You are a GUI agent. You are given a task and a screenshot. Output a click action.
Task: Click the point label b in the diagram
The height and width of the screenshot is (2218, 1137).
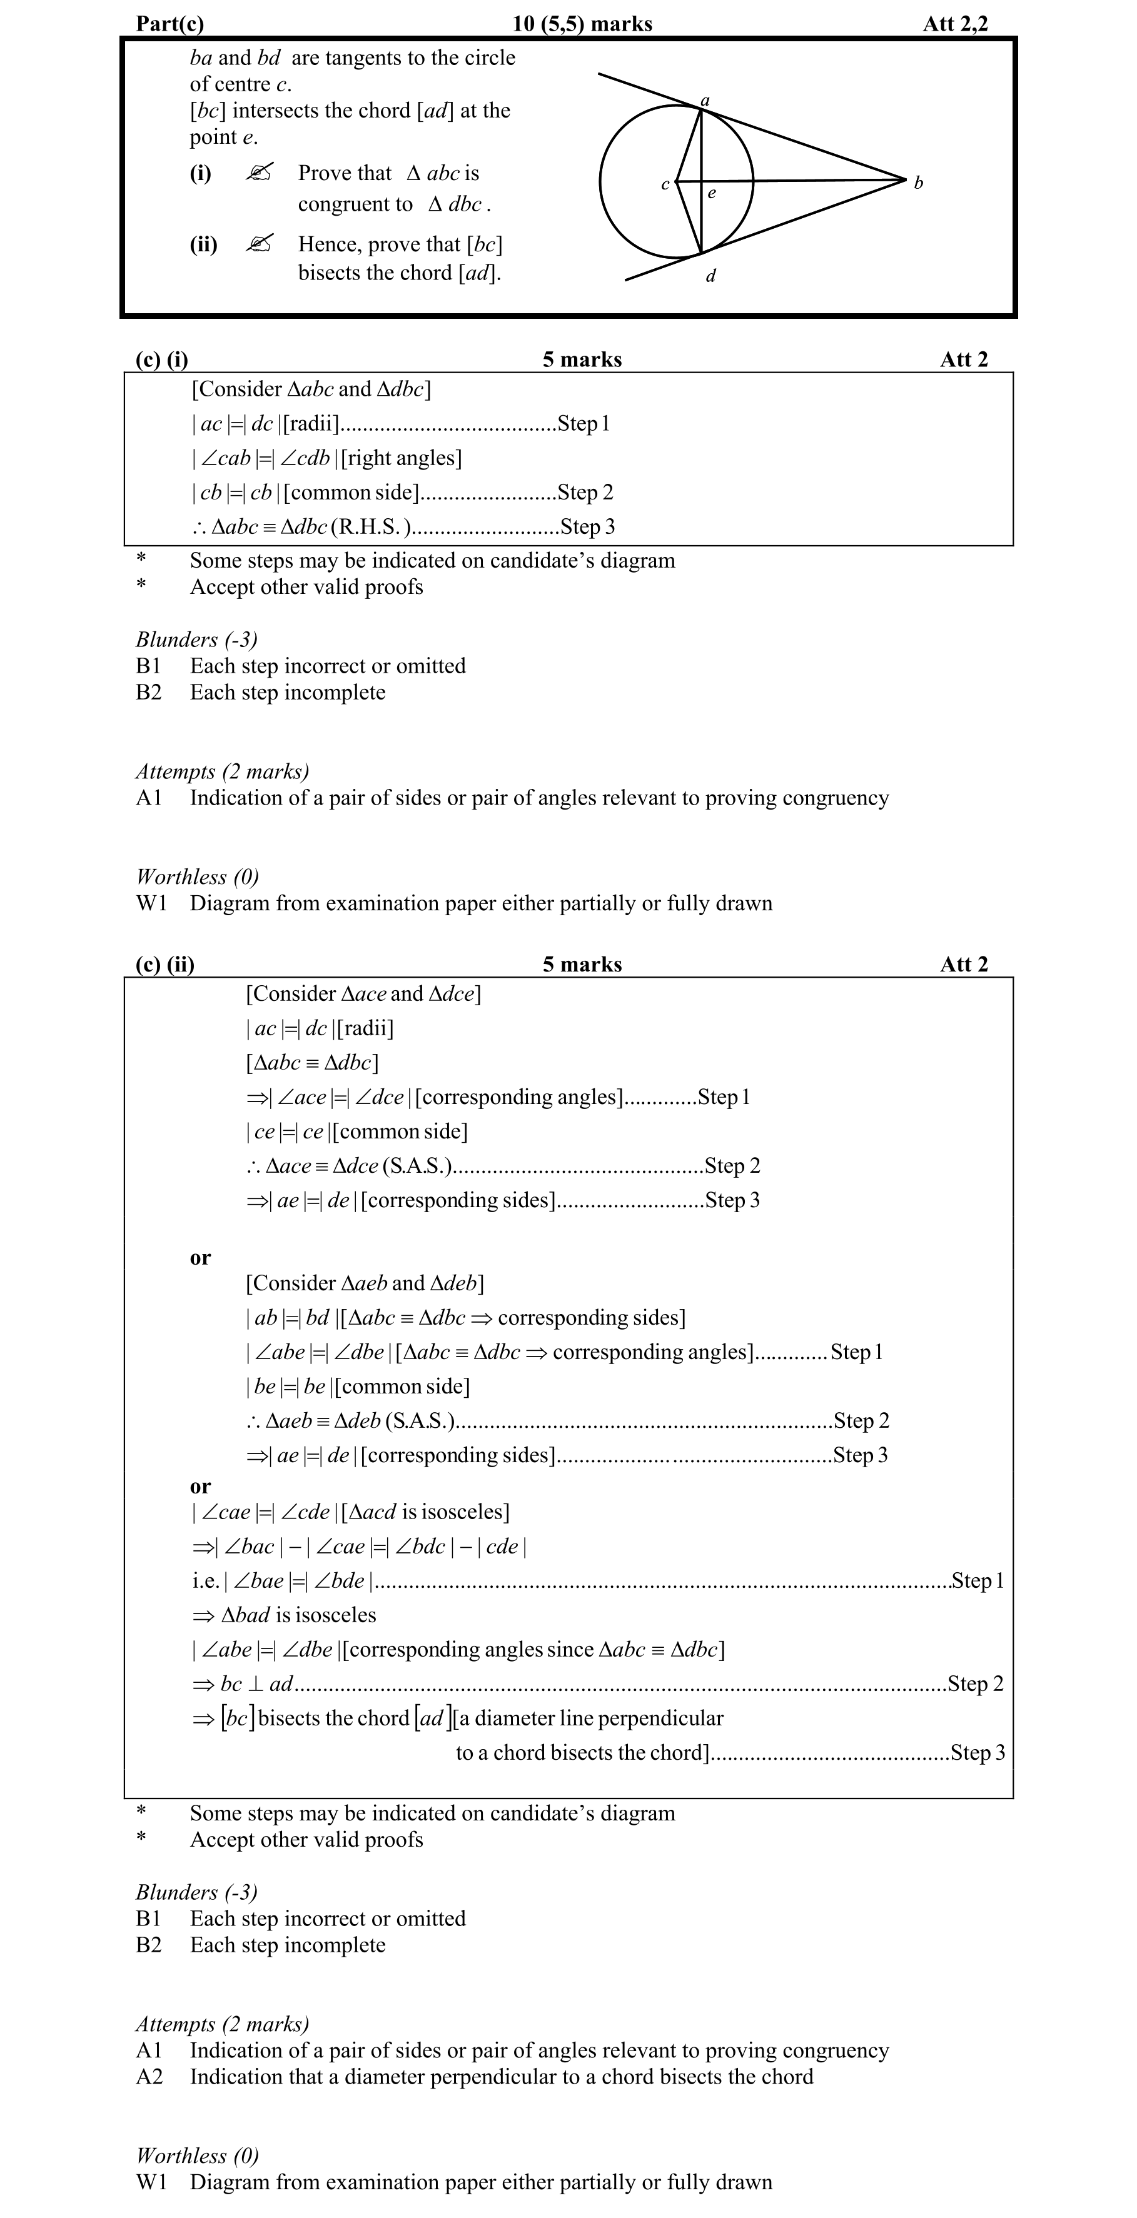(x=918, y=183)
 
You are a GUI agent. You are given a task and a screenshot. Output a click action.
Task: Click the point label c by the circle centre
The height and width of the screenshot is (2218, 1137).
(x=665, y=184)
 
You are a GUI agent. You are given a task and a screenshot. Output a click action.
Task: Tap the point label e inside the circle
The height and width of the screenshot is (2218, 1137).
(x=712, y=194)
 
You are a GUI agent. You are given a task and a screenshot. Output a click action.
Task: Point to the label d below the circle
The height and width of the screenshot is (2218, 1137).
(x=710, y=276)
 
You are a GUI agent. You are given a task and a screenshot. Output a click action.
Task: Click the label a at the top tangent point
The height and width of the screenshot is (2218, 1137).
(x=705, y=101)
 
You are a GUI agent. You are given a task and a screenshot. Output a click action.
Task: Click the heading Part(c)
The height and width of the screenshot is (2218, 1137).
(x=169, y=23)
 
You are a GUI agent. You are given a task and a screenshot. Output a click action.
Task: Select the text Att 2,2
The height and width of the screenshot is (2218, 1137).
(x=955, y=23)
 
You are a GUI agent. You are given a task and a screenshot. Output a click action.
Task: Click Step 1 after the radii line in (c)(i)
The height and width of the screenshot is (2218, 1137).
(x=583, y=424)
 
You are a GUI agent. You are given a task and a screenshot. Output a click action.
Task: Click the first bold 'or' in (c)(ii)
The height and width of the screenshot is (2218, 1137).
(x=200, y=1258)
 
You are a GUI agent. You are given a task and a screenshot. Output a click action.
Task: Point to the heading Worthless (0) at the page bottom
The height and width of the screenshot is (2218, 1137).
(x=197, y=2155)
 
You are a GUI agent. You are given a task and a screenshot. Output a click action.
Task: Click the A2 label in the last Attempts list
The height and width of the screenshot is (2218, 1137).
(x=149, y=2077)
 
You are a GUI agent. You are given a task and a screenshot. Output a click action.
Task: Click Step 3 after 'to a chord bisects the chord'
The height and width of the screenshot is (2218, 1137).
(x=977, y=1753)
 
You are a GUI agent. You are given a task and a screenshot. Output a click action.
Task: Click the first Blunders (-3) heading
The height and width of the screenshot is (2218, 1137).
(x=196, y=640)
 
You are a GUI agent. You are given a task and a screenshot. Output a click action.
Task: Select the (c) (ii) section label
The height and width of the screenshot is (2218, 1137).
(x=165, y=965)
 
